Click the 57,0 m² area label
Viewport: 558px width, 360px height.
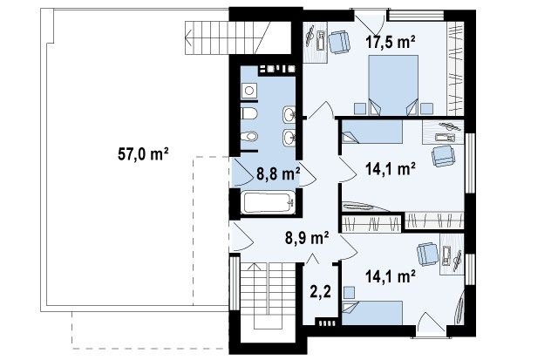click(143, 154)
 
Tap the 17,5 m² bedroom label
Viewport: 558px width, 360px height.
click(391, 42)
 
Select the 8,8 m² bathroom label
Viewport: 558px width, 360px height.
click(278, 174)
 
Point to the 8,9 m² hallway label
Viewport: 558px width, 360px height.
click(307, 237)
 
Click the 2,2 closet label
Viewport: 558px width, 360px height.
click(320, 291)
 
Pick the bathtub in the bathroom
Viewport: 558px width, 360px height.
click(268, 203)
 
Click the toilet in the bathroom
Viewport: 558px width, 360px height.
click(249, 114)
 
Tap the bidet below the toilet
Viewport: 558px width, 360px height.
click(249, 136)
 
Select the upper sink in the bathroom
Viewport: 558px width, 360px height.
click(289, 114)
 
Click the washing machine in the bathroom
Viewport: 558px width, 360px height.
click(249, 91)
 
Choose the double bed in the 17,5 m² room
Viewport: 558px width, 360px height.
click(393, 85)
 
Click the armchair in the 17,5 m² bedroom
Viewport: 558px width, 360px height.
click(338, 43)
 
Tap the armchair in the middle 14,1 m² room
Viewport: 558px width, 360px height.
click(443, 156)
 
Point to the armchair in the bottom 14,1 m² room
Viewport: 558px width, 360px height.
click(428, 254)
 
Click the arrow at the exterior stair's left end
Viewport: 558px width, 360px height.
click(188, 37)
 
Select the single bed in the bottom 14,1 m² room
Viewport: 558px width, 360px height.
click(372, 313)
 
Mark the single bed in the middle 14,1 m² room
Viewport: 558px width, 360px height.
click(372, 132)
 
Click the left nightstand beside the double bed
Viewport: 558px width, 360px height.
click(360, 109)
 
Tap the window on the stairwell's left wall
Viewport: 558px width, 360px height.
click(235, 282)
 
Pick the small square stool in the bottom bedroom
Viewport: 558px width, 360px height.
click(350, 292)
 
